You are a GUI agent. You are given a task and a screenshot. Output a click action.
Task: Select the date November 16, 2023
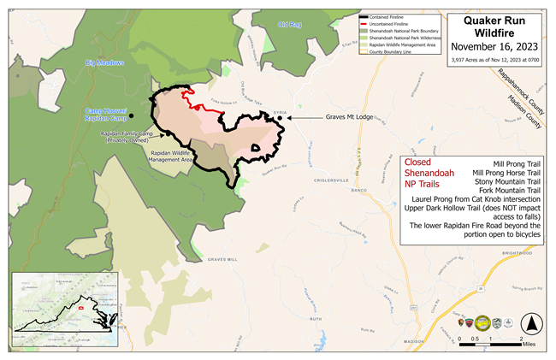500,47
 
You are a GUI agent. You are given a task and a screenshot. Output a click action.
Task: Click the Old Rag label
290,25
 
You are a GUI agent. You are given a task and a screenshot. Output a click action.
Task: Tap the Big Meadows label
105,62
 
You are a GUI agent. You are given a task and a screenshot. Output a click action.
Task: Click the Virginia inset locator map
65,311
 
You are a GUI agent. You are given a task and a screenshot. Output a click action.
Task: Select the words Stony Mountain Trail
505,180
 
